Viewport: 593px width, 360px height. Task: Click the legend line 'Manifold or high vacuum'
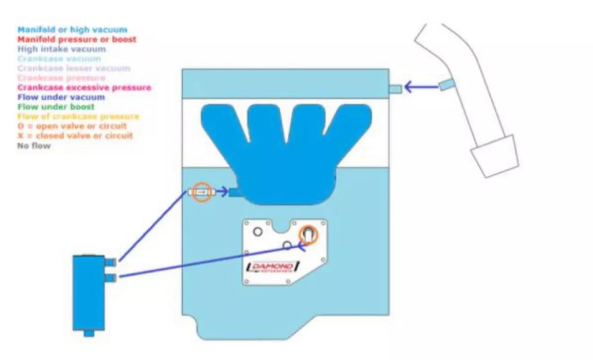[72, 30]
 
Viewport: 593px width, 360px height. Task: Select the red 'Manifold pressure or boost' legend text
[77, 40]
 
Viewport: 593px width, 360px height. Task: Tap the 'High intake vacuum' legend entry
[62, 49]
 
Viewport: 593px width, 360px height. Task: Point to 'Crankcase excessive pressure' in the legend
[84, 88]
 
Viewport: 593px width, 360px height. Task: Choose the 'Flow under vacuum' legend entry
[61, 97]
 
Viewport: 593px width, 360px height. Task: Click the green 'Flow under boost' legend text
[56, 107]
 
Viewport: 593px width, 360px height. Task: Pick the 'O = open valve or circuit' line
[72, 126]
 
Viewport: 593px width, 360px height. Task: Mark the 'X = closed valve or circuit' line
[75, 136]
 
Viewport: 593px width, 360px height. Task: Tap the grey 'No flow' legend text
[34, 145]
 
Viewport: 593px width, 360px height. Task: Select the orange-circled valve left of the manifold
[203, 192]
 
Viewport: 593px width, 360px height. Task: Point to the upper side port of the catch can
[111, 261]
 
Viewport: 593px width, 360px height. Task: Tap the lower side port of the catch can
[111, 278]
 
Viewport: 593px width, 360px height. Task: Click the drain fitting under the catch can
[89, 334]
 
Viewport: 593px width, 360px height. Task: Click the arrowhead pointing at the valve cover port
[409, 87]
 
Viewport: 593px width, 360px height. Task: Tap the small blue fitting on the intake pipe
[446, 84]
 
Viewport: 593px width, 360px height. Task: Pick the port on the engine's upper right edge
[395, 89]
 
